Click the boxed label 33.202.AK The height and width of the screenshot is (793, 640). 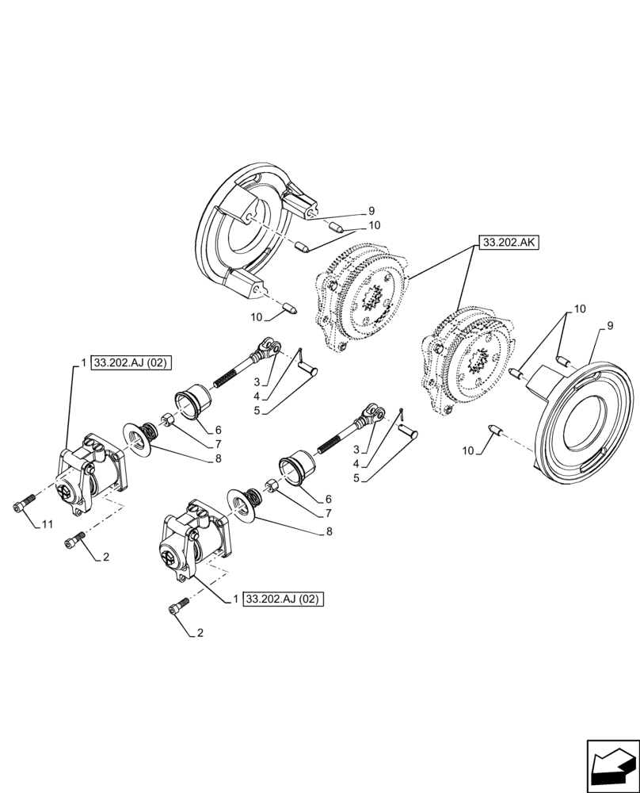[509, 243]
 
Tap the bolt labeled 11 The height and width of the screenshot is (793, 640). [22, 504]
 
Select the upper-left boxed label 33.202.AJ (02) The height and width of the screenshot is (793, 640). [131, 363]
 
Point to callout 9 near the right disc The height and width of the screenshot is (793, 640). [610, 325]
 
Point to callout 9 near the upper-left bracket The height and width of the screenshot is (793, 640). [371, 211]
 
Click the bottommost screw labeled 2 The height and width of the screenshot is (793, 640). [177, 609]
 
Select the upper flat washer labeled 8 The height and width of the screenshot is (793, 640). [139, 439]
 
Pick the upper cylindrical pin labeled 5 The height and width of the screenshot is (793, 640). [309, 369]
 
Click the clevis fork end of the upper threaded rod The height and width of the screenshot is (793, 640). [269, 346]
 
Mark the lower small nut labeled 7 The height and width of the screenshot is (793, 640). [270, 485]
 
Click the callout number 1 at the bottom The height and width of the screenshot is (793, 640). [235, 600]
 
